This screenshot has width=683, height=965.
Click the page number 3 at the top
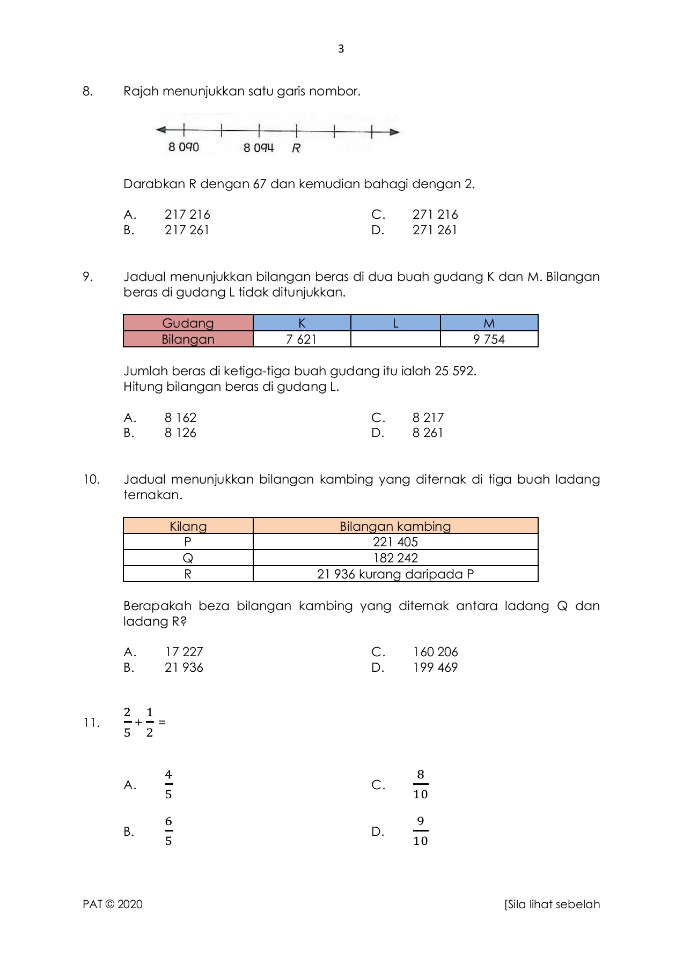tap(341, 49)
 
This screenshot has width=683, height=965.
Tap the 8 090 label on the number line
tap(183, 147)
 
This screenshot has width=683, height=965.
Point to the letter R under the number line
tap(296, 149)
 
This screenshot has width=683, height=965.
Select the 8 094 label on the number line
tap(259, 147)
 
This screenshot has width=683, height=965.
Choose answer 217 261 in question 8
tap(187, 230)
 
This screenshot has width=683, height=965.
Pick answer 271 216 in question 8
tap(435, 214)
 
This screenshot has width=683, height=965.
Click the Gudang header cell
tap(188, 323)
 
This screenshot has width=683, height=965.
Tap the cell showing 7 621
tap(302, 339)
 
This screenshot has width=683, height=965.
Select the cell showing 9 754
tap(489, 339)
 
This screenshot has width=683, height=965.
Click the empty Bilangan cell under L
tap(395, 339)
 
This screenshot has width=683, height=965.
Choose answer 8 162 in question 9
tap(180, 418)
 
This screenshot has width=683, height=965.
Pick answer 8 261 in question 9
tap(428, 433)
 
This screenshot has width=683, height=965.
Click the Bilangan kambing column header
tap(395, 526)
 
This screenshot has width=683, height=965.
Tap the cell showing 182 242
tap(395, 558)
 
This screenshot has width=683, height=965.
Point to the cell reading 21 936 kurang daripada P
tap(395, 574)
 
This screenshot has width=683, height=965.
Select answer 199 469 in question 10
tap(435, 667)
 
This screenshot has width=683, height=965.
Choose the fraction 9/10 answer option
tap(420, 831)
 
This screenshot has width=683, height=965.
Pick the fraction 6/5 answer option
tap(168, 831)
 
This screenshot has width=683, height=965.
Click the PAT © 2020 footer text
tap(113, 904)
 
